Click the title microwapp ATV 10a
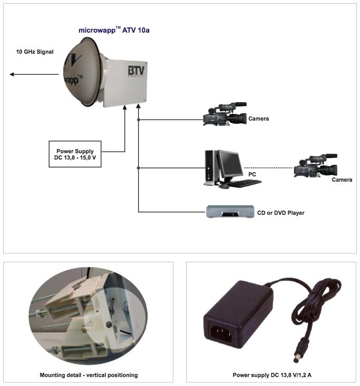click(118, 31)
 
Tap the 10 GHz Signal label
click(35, 52)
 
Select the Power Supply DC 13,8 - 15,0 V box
click(75, 154)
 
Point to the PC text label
click(252, 173)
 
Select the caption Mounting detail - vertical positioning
click(89, 375)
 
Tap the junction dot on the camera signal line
click(139, 120)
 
